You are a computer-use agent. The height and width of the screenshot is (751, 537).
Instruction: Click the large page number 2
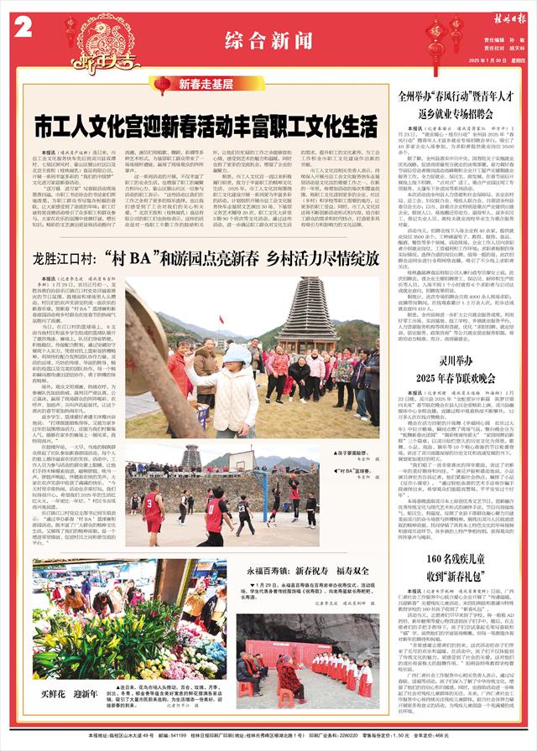click(23, 27)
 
